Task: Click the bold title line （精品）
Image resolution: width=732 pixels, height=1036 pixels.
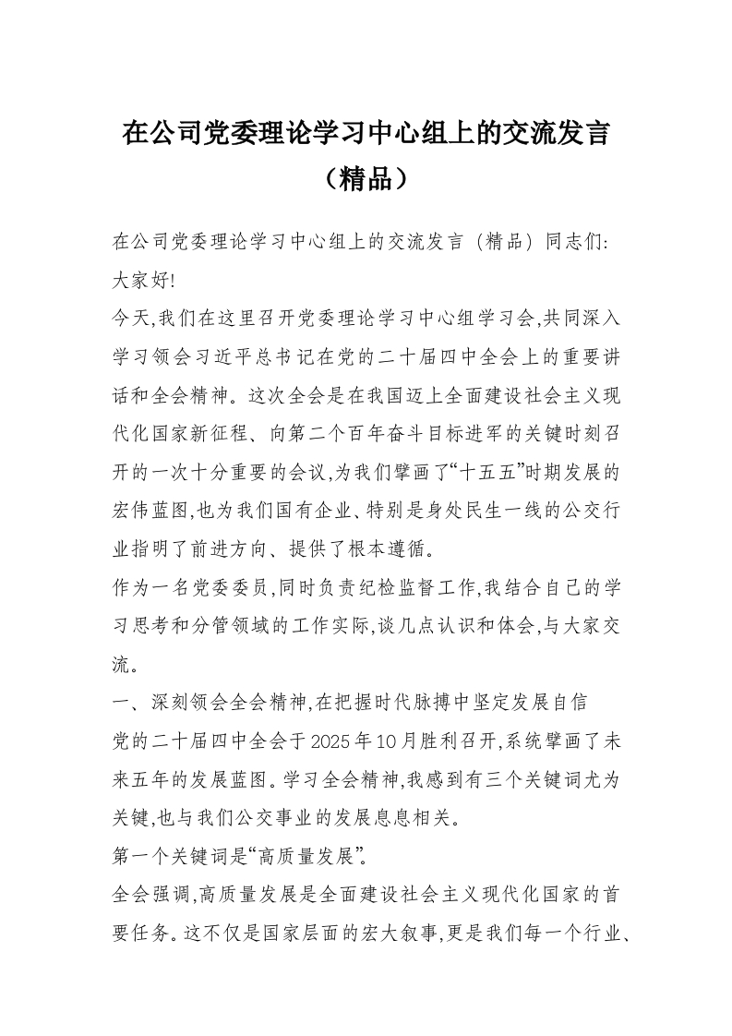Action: tap(366, 177)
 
